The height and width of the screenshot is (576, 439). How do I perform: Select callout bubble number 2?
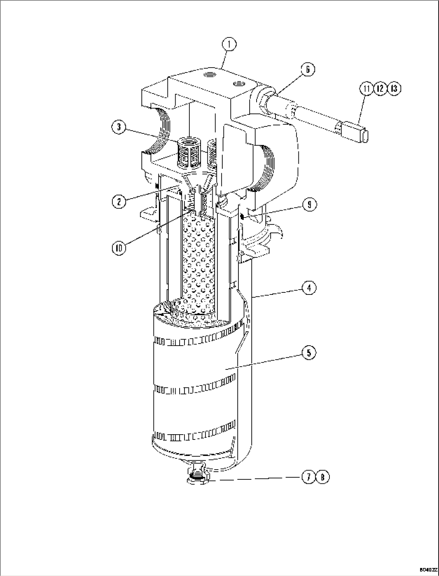coord(119,201)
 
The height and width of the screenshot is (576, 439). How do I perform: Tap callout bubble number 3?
coord(119,127)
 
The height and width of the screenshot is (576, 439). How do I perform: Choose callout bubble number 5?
coord(309,353)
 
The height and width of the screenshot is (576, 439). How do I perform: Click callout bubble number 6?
coord(307,69)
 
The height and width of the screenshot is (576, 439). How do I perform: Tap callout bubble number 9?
coord(309,205)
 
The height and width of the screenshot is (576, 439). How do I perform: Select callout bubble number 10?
coord(119,247)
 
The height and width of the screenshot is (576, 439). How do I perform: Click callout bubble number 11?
coord(367,89)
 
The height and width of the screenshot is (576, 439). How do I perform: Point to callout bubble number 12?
coord(380,89)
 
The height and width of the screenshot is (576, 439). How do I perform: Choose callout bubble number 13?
coord(394,89)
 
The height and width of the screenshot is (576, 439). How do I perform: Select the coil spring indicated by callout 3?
coord(188,155)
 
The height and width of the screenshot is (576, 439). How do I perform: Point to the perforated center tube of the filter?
coord(198,258)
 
